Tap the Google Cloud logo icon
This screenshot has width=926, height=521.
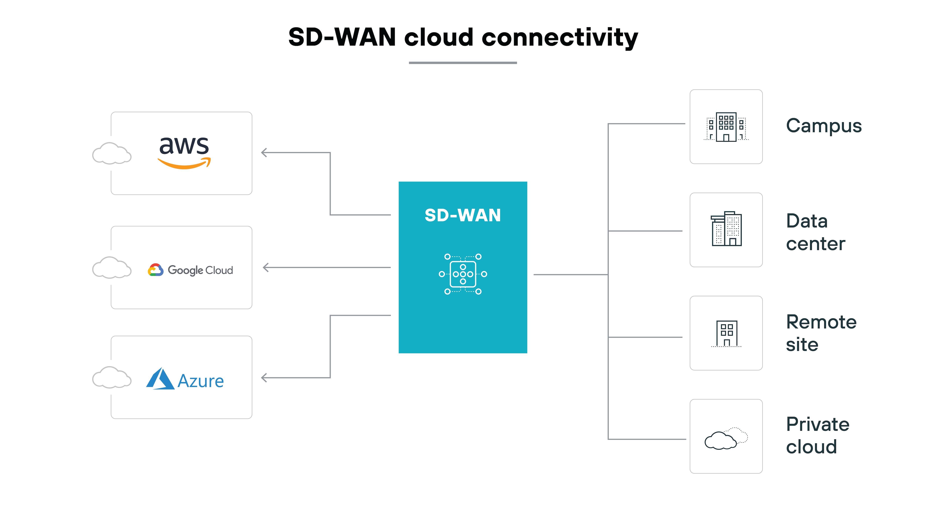coord(156,270)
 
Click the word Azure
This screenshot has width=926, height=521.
coord(201,381)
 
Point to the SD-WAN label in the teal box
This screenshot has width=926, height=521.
coord(463,215)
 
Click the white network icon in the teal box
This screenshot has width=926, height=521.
coord(463,274)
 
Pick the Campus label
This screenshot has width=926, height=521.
coord(824,126)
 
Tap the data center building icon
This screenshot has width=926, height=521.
coord(726,229)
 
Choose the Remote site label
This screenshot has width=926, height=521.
coord(821,333)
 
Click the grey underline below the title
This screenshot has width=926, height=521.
coord(463,63)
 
